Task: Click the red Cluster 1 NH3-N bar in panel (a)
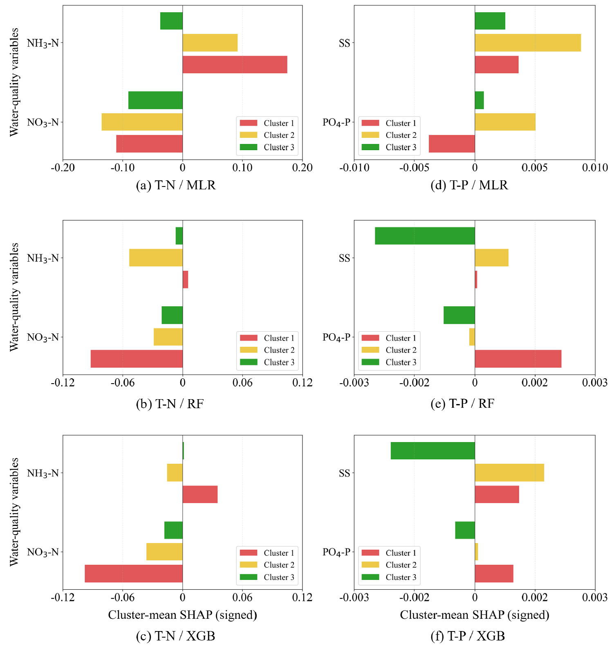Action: click(x=235, y=65)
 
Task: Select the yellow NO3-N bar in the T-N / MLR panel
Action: click(x=142, y=122)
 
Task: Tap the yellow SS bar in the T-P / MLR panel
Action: click(x=527, y=43)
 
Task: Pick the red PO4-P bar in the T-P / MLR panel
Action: click(x=451, y=144)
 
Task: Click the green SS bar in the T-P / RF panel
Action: click(x=425, y=236)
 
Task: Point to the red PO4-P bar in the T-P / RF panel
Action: click(x=518, y=359)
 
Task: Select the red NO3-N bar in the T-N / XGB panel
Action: click(x=133, y=573)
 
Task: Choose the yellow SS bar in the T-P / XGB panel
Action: click(x=509, y=473)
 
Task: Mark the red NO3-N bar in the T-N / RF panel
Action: click(x=137, y=359)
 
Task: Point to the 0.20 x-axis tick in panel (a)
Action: click(x=303, y=168)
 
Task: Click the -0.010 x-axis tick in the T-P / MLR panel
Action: click(x=354, y=168)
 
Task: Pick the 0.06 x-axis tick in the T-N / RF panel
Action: click(x=242, y=383)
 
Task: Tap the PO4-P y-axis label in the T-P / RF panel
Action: click(x=336, y=337)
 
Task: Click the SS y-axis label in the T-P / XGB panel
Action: click(x=344, y=473)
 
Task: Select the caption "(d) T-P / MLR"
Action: click(x=469, y=185)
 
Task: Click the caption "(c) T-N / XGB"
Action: click(x=175, y=636)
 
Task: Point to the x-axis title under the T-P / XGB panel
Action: click(x=474, y=615)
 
